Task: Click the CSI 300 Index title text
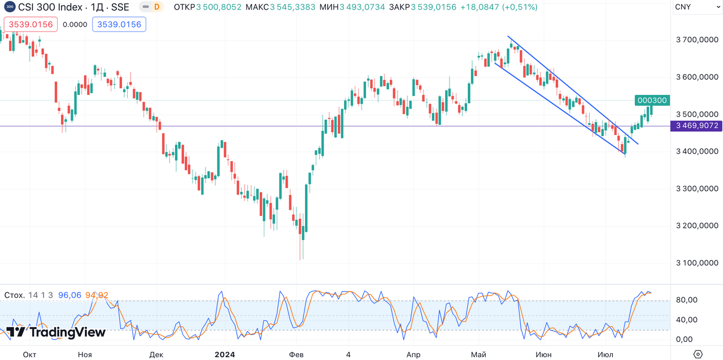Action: [x=73, y=7]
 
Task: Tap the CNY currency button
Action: [x=682, y=7]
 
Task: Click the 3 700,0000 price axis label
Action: [x=697, y=40]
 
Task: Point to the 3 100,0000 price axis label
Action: [x=697, y=263]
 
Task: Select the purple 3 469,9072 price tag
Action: [x=697, y=125]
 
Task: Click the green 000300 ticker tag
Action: [x=652, y=101]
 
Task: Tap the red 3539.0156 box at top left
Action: [x=31, y=25]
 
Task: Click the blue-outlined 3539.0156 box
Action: [x=119, y=25]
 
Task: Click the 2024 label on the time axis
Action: [x=225, y=355]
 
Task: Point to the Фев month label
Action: [x=296, y=355]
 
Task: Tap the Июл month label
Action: [x=605, y=355]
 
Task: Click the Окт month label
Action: [x=29, y=355]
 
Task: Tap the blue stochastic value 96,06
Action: [x=69, y=296]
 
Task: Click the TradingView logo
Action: [x=55, y=332]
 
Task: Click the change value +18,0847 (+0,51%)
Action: [x=499, y=7]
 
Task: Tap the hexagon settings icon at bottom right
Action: [x=698, y=354]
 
